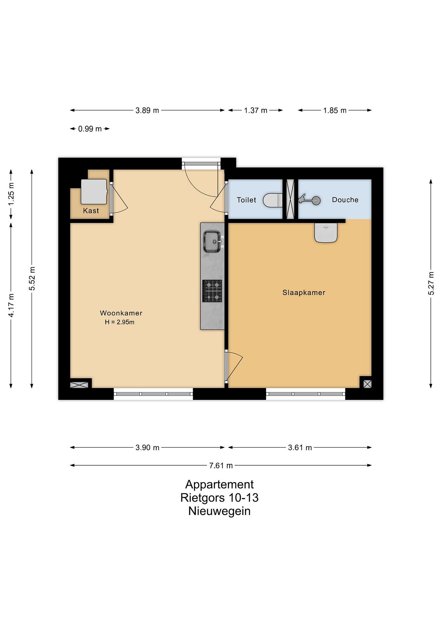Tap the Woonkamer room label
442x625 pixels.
click(x=121, y=313)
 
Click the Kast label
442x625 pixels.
click(x=91, y=211)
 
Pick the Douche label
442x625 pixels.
click(x=345, y=200)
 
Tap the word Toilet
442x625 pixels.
click(x=246, y=200)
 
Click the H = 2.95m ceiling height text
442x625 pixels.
click(x=120, y=322)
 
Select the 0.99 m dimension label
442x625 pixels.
click(x=90, y=129)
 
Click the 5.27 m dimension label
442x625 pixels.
click(x=431, y=283)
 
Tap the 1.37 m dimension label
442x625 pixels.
click(x=256, y=110)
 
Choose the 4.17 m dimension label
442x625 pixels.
click(x=11, y=305)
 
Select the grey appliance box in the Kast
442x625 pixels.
click(x=94, y=192)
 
